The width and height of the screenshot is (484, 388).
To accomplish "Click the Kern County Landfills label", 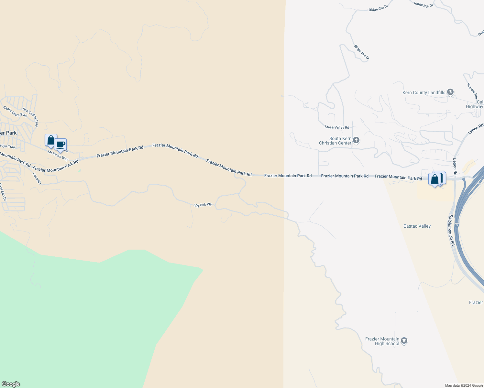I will click(x=423, y=93).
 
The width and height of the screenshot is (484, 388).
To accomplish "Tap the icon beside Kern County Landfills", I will click(x=450, y=92).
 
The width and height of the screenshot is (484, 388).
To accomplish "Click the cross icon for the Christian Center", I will click(x=356, y=140).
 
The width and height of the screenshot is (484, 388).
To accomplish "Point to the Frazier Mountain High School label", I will click(x=382, y=341).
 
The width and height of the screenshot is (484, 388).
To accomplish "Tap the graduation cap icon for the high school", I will click(x=404, y=341).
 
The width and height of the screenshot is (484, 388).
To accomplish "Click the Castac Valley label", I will click(x=417, y=226).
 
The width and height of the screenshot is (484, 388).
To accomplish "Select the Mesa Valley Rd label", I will click(x=337, y=127).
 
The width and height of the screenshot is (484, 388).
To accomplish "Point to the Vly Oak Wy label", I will click(x=203, y=205).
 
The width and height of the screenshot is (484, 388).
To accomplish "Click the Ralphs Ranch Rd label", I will click(x=452, y=230).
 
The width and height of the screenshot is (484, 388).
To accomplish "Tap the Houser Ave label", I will click(x=472, y=91).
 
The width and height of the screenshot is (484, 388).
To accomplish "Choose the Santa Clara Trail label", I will click(x=15, y=112).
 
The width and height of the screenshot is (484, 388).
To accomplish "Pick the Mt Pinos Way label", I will click(x=58, y=156).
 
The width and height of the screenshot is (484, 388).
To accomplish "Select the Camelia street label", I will click(x=37, y=178).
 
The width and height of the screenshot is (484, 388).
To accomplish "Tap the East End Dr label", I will click(x=3, y=192).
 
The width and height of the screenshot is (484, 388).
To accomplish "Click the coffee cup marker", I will click(x=60, y=145).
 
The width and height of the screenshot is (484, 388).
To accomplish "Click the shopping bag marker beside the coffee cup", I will click(x=51, y=140).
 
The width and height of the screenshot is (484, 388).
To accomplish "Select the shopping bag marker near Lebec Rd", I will click(x=434, y=179).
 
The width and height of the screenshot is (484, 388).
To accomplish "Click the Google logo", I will click(x=11, y=384).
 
